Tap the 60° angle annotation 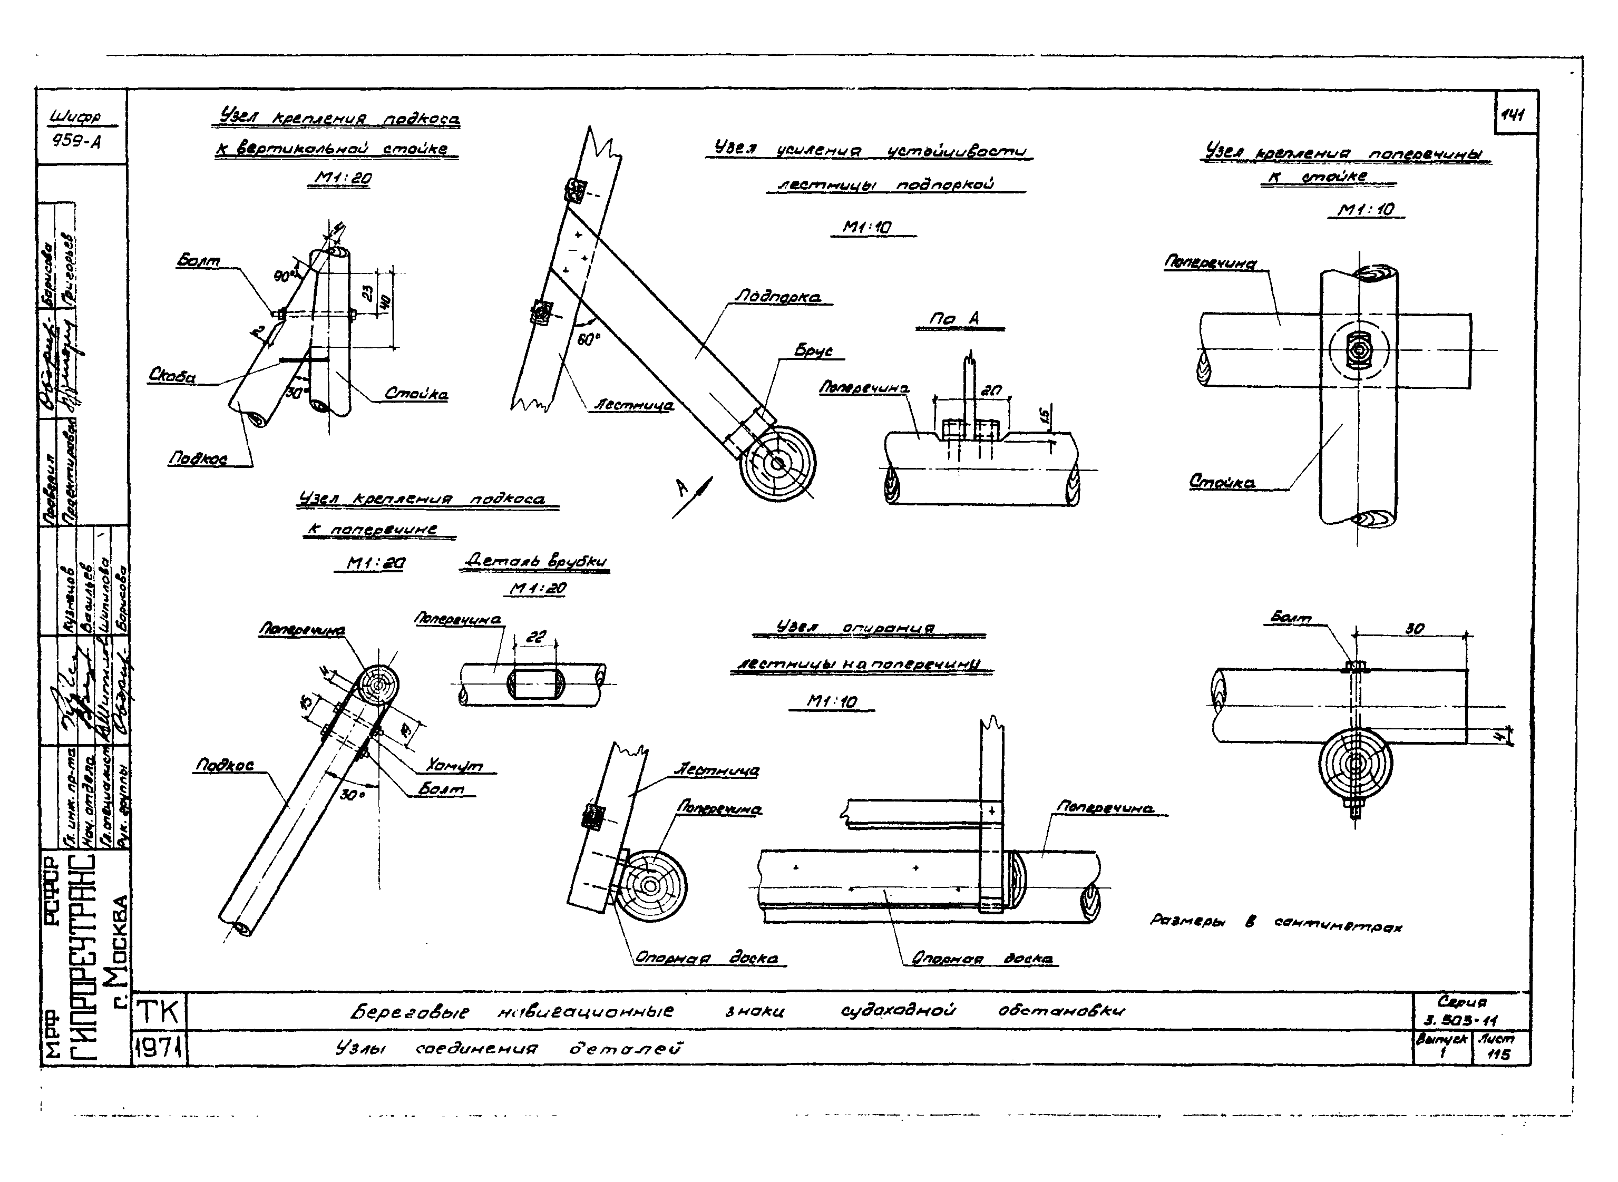coord(588,340)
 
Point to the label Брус coord(814,350)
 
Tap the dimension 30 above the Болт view coord(1414,629)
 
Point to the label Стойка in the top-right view coord(1222,482)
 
